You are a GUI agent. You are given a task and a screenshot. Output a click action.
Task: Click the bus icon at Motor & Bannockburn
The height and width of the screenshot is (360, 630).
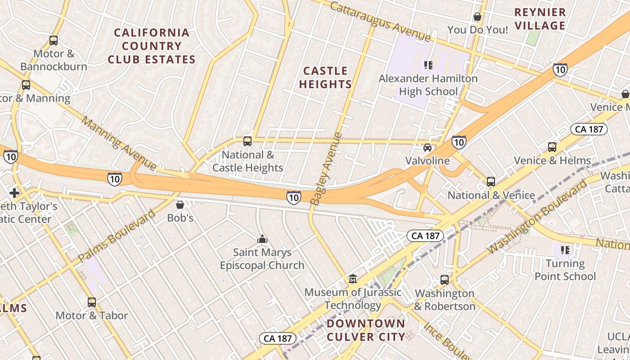coord(54,40)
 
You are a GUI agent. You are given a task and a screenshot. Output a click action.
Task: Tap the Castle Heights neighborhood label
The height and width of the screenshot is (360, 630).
coord(325,77)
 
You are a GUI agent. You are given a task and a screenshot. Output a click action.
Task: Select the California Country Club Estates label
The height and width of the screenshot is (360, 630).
coord(152,46)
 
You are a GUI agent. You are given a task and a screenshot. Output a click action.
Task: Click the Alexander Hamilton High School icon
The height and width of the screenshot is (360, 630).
coord(428,65)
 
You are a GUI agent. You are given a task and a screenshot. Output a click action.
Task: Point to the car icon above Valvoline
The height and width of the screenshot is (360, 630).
coord(427,147)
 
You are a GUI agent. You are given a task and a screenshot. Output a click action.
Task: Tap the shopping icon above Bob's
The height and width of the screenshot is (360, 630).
coord(180,205)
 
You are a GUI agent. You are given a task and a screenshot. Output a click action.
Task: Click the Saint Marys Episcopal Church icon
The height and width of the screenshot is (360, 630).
coord(262,239)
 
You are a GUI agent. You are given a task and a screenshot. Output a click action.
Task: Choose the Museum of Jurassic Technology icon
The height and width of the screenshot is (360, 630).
coord(353,279)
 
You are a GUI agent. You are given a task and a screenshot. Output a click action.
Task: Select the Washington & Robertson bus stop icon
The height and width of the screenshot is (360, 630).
coord(445,279)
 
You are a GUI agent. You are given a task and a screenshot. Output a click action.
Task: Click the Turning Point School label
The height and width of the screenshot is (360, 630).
coord(565,270)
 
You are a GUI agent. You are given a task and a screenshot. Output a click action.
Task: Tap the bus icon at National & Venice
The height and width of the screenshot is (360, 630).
coord(491,182)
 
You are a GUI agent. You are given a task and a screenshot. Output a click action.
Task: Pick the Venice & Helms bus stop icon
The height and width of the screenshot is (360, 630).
coord(552,147)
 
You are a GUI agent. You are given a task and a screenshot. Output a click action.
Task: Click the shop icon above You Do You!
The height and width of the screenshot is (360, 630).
coord(477,17)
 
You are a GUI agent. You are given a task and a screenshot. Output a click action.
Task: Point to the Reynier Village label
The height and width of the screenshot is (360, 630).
coord(540,19)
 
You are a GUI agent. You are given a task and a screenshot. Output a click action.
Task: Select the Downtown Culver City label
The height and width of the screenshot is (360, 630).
coord(366,330)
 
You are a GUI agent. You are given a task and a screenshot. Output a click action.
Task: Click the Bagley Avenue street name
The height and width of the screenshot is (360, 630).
coord(326,169)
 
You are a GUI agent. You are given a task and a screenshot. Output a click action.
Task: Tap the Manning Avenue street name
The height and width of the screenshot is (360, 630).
coord(119,144)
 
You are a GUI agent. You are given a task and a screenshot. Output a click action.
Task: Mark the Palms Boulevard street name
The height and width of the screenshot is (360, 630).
coord(117,236)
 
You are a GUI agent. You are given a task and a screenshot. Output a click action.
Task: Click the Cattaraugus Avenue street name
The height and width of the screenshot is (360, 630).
coord(380,21)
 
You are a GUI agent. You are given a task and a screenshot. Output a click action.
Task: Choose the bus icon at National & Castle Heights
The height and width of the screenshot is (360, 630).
coord(247,141)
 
